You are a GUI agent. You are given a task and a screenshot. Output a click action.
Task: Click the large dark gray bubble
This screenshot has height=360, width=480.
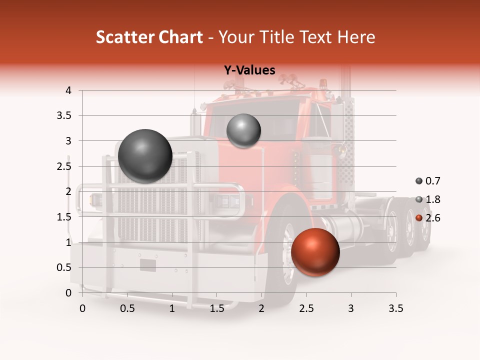coord(145,156)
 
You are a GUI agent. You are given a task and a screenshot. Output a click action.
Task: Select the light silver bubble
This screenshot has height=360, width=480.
coord(243,130)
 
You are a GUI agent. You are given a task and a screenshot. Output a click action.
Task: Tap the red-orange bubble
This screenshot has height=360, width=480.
coord(315,252)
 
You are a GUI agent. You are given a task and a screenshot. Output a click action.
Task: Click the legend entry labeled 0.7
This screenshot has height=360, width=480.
coord(428,181)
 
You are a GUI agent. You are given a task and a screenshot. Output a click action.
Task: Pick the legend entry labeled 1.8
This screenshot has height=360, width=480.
coord(428,199)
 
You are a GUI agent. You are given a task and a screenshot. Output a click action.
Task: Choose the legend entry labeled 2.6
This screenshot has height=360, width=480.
coord(428,218)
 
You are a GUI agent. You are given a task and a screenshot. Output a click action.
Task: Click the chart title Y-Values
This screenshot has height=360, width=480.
coord(249,70)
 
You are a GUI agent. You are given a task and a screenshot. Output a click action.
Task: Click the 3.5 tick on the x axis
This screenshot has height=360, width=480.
coord(395,308)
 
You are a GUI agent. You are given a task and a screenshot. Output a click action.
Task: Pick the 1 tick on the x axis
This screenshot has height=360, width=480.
coord(172,308)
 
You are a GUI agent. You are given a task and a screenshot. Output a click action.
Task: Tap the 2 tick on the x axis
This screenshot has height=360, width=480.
coord(261,308)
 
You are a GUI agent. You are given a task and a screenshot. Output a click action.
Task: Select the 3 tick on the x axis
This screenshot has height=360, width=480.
coord(351,308)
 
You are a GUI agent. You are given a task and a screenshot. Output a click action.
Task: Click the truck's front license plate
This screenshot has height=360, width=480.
coord(147,265)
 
